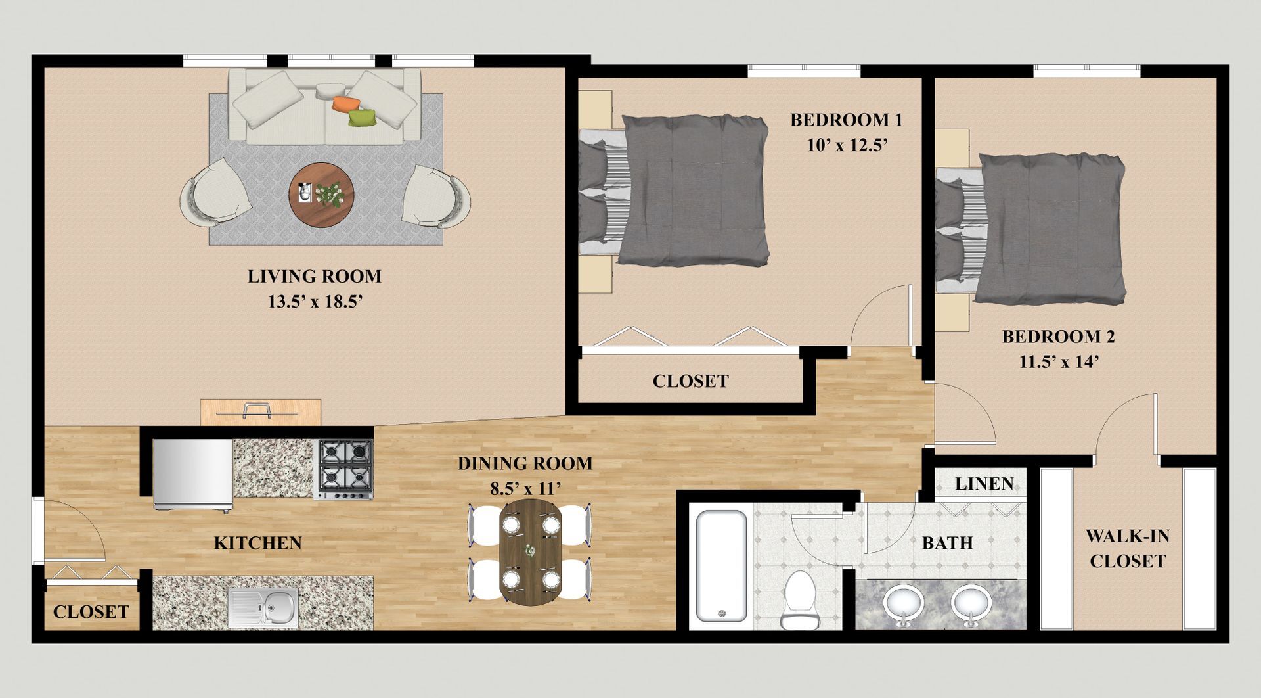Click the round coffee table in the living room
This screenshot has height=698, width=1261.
tap(322, 195)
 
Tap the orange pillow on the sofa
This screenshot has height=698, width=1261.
tap(346, 104)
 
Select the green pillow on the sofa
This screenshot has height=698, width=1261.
tap(361, 118)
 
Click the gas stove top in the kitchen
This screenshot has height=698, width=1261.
tap(345, 468)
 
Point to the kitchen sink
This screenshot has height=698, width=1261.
tap(263, 607)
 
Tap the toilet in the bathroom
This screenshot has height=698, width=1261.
tap(800, 598)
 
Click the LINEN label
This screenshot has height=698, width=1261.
tap(984, 484)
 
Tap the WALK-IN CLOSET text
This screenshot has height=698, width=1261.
tap(1127, 549)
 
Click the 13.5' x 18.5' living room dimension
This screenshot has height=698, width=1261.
tap(315, 302)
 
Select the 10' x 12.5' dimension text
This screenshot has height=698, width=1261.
tap(847, 145)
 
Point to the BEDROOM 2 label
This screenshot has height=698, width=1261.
tap(1058, 337)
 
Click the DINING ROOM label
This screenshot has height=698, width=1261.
tap(525, 463)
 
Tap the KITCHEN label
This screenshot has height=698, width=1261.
tap(257, 543)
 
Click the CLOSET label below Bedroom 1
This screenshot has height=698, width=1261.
tap(690, 381)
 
